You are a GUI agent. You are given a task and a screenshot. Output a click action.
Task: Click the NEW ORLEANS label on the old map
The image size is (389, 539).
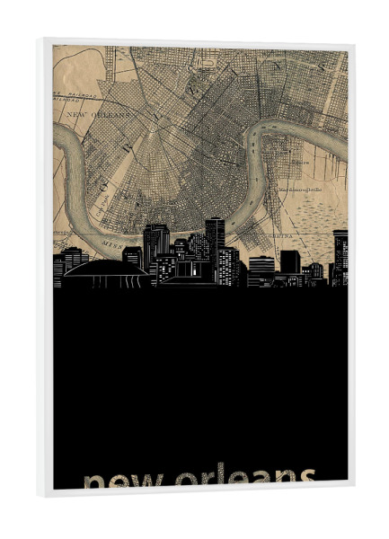tap(99, 115)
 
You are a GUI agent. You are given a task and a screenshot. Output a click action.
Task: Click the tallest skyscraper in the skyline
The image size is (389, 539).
tap(214, 238)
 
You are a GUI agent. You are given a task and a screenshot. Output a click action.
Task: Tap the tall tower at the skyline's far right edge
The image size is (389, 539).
tap(340, 256)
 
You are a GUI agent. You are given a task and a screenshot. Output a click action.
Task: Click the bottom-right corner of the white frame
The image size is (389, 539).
tap(354, 493)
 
